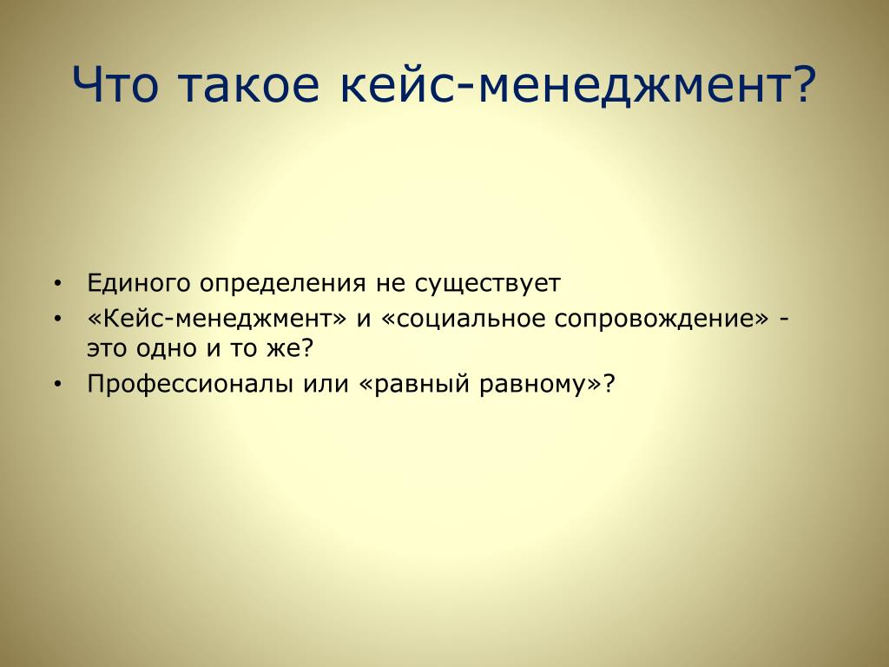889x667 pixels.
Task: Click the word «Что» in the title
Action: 115,84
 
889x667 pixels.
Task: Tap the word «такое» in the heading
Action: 249,88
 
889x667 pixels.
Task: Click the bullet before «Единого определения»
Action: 57,283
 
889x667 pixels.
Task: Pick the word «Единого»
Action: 138,282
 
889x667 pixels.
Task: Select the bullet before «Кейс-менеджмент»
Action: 57,319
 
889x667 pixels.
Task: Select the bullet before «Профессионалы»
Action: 57,384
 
